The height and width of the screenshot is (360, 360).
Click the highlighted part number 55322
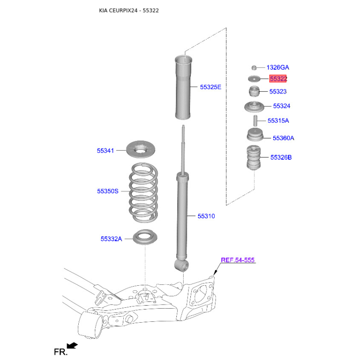(x=278, y=79)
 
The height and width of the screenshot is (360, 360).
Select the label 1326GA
(x=278, y=67)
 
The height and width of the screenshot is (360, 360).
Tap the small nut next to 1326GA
(x=254, y=68)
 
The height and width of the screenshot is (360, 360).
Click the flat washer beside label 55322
(x=254, y=79)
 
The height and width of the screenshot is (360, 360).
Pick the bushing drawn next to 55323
(x=254, y=91)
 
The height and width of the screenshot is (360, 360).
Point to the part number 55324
(x=282, y=106)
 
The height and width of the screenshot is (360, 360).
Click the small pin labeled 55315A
(x=255, y=121)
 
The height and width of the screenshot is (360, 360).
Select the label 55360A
(x=283, y=138)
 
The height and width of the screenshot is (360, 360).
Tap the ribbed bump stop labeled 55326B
(x=254, y=158)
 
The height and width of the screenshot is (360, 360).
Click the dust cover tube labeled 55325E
(x=183, y=87)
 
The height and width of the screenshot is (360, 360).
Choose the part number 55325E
(x=211, y=87)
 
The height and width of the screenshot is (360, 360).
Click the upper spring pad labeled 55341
(x=141, y=149)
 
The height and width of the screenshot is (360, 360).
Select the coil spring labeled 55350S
(x=144, y=193)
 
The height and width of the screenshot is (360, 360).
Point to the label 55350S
(x=108, y=191)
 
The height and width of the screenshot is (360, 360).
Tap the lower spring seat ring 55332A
(x=145, y=237)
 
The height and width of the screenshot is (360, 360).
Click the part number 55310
(x=206, y=216)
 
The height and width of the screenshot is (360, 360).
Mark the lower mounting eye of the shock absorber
(x=181, y=265)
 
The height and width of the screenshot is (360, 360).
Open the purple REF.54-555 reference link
(x=238, y=260)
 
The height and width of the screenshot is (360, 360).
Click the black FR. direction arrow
(x=72, y=346)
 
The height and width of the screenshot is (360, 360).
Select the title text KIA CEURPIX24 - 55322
(x=129, y=10)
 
